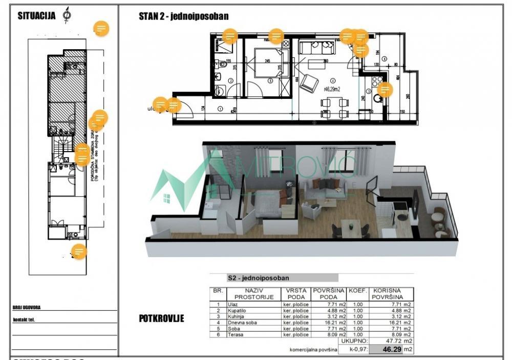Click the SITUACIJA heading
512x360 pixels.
[x=36, y=15]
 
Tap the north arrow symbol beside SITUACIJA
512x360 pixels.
[x=66, y=15]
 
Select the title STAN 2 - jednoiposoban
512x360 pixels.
[x=183, y=16]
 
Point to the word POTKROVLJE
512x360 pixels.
[x=161, y=319]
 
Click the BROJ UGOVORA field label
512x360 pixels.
[x=27, y=308]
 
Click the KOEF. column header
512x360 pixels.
[x=358, y=290]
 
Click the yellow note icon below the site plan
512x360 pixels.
[x=78, y=251]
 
